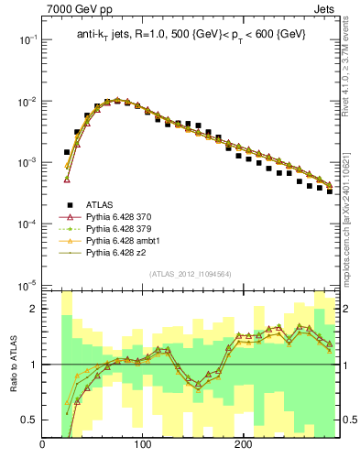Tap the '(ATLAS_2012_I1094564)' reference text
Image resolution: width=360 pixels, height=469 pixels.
190,273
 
